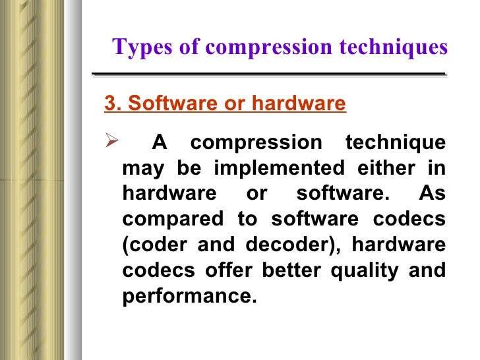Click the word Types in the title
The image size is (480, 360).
tap(136, 47)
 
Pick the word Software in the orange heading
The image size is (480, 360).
tap(152, 104)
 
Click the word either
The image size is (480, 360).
tap(389, 168)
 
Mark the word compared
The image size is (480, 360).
tap(162, 220)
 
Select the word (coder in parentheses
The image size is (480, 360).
tap(150, 245)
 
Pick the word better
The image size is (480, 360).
tap(293, 271)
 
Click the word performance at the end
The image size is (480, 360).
tap(189, 297)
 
